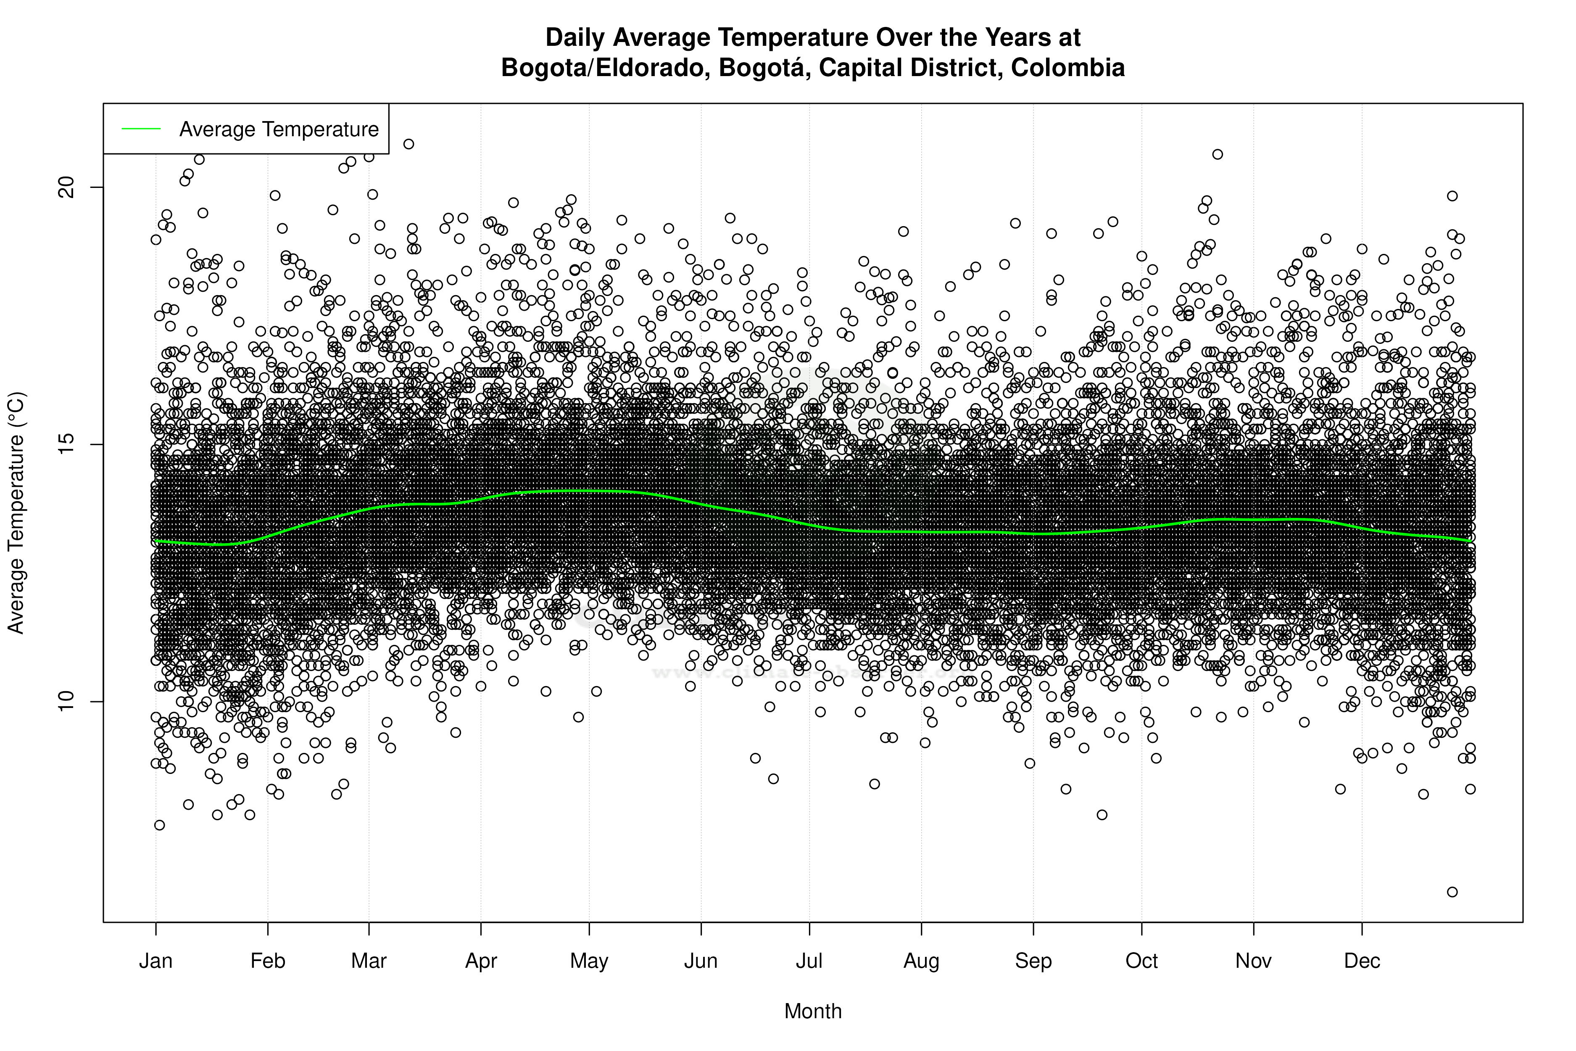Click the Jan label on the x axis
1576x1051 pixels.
click(155, 961)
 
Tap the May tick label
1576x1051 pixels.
click(589, 961)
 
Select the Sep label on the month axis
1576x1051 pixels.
click(1033, 961)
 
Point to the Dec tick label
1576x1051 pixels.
click(1362, 961)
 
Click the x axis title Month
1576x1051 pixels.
click(813, 1011)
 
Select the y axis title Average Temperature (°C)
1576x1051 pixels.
click(16, 513)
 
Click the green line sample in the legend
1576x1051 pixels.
click(141, 129)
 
